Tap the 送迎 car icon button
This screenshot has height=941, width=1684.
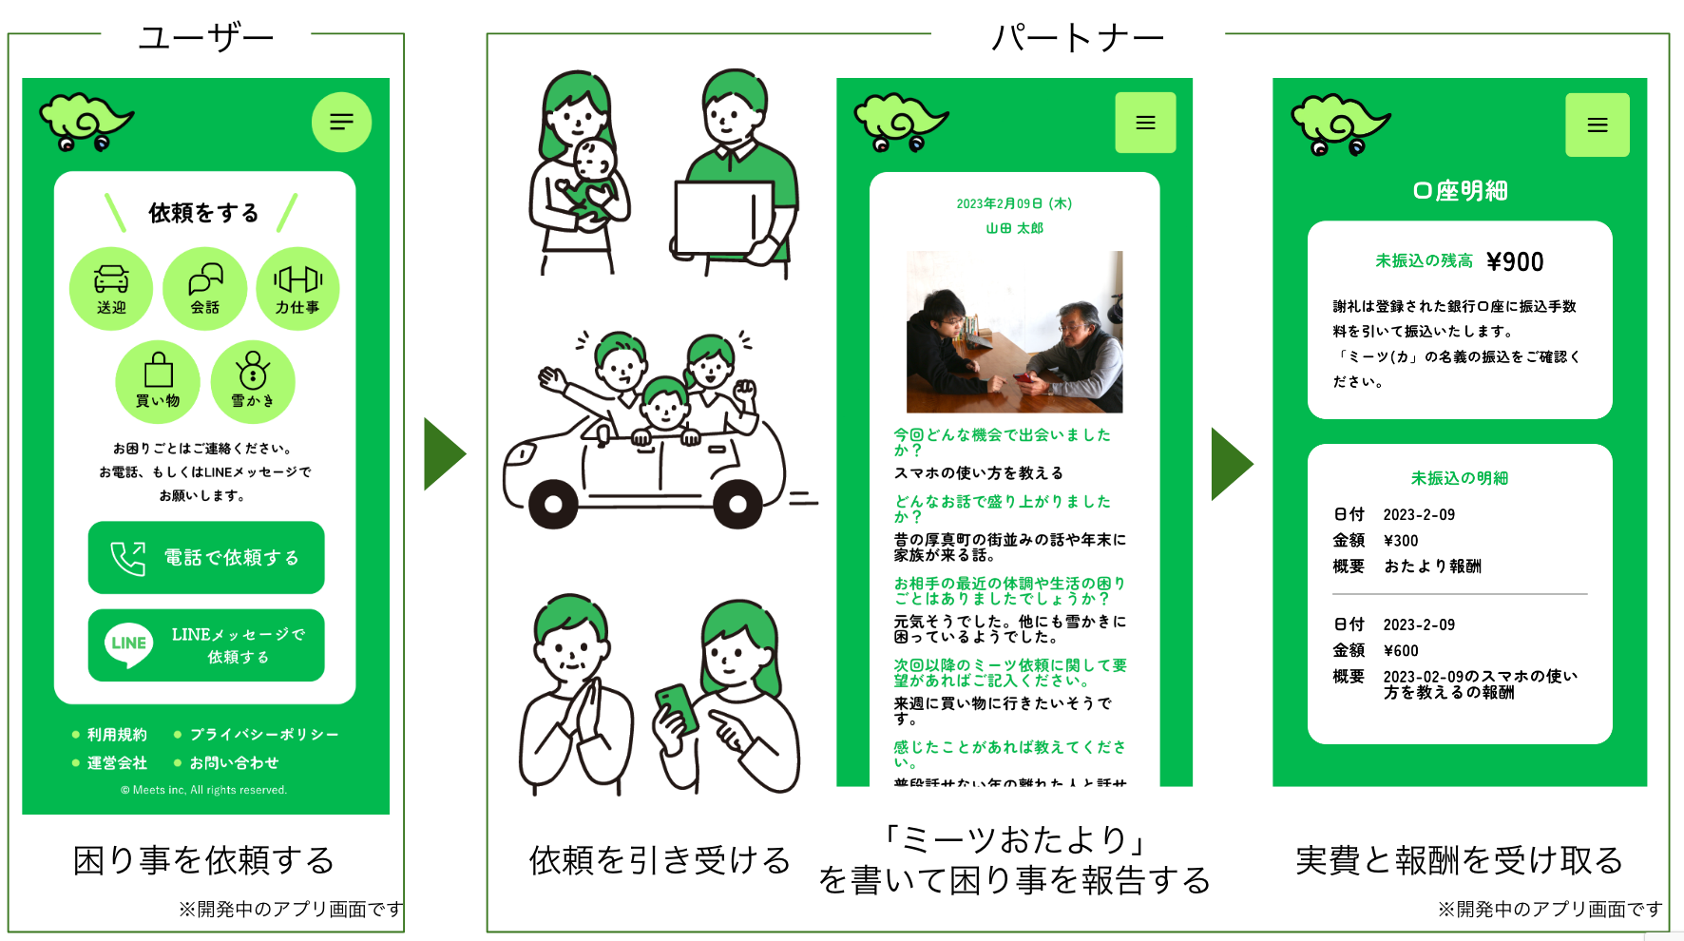click(x=111, y=288)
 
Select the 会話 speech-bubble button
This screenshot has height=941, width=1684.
click(x=204, y=288)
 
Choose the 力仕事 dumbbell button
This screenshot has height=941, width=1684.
click(x=297, y=288)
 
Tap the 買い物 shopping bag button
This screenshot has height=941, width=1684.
click(x=158, y=381)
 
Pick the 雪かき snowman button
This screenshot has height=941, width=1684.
click(x=253, y=381)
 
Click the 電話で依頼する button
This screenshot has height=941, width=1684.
click(x=206, y=557)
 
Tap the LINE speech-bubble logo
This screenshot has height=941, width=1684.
click(x=128, y=644)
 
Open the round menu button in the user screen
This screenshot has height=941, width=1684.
click(x=341, y=122)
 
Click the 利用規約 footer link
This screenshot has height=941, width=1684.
click(x=117, y=734)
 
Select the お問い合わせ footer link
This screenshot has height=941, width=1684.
click(x=234, y=762)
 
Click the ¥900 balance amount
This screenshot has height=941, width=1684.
click(x=1515, y=261)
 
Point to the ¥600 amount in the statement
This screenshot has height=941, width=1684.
click(x=1401, y=650)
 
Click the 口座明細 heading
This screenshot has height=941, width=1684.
click(x=1460, y=191)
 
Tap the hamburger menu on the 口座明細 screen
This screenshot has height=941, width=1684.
click(x=1597, y=125)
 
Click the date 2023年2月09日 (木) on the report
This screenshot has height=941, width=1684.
click(x=1014, y=203)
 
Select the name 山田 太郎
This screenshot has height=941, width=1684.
click(x=1014, y=228)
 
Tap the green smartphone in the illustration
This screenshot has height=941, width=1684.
click(x=677, y=707)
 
